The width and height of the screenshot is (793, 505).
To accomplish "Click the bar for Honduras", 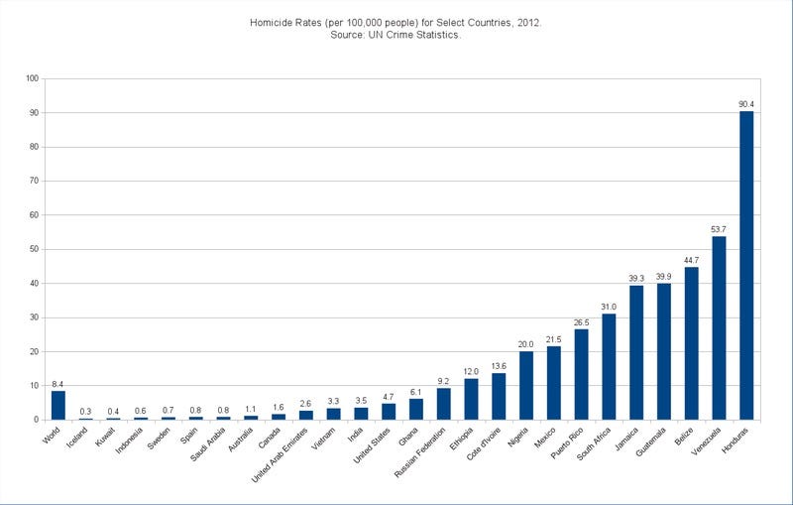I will [x=745, y=265].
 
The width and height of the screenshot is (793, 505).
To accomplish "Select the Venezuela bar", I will [x=719, y=327].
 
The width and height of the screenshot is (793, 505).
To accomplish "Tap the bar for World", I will [x=58, y=405].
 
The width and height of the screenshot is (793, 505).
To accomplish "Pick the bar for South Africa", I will [x=609, y=366].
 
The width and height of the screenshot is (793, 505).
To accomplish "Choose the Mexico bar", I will [x=553, y=383].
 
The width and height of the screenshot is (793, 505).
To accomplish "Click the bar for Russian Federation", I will [x=443, y=403].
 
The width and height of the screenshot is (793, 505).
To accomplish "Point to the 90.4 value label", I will [x=745, y=103].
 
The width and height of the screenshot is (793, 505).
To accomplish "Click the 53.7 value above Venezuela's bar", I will [x=719, y=228].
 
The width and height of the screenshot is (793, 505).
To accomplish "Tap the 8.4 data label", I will [x=58, y=383].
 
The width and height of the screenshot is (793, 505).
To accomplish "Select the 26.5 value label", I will [x=581, y=321].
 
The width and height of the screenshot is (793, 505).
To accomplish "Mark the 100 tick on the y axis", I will [x=32, y=78].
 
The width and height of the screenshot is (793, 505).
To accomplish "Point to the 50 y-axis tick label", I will [x=34, y=249].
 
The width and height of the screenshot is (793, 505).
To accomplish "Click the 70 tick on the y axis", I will [x=34, y=181].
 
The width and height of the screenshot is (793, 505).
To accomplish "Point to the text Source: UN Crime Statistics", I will [x=396, y=37].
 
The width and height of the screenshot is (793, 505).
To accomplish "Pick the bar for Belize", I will [x=691, y=343].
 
